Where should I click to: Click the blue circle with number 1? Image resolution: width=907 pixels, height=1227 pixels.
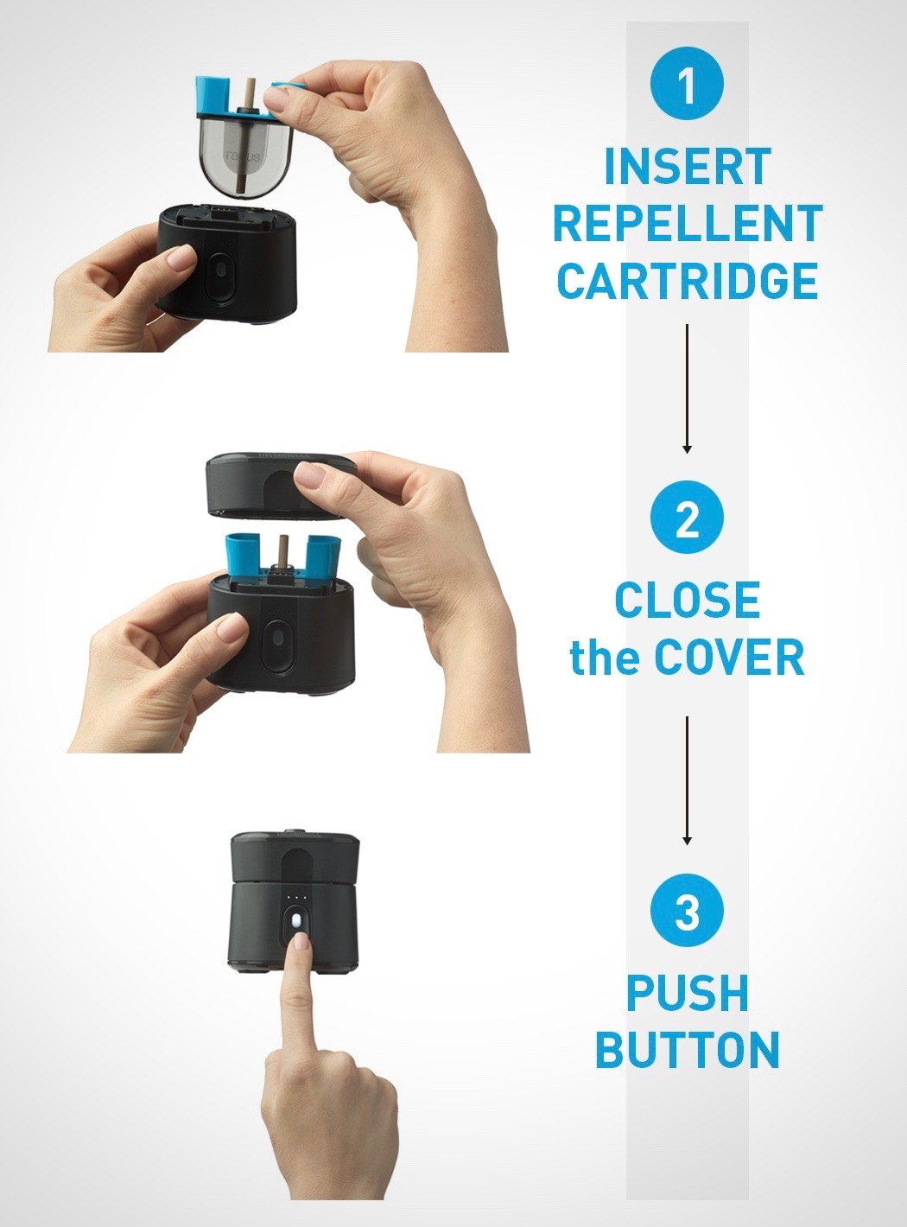pos(687,85)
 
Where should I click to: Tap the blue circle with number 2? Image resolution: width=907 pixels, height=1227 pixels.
pos(687,519)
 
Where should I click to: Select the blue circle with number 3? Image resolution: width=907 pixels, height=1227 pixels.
pos(687,912)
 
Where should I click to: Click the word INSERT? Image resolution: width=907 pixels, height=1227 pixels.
pos(687,167)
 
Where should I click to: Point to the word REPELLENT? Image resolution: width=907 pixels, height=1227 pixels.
pos(687,224)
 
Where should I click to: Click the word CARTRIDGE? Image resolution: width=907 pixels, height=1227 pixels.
pos(687,281)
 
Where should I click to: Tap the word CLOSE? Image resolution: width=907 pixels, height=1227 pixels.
pos(687,601)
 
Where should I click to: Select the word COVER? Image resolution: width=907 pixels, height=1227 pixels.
pos(728,658)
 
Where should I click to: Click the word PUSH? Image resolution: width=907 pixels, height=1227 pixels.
pos(687,994)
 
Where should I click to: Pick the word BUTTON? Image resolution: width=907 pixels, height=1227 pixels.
pos(687,1051)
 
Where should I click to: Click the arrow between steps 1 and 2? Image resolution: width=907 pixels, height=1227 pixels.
pos(687,389)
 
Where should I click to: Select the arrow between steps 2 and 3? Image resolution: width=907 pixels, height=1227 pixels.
pos(687,780)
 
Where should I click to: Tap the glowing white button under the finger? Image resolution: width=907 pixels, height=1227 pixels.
pos(297,922)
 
